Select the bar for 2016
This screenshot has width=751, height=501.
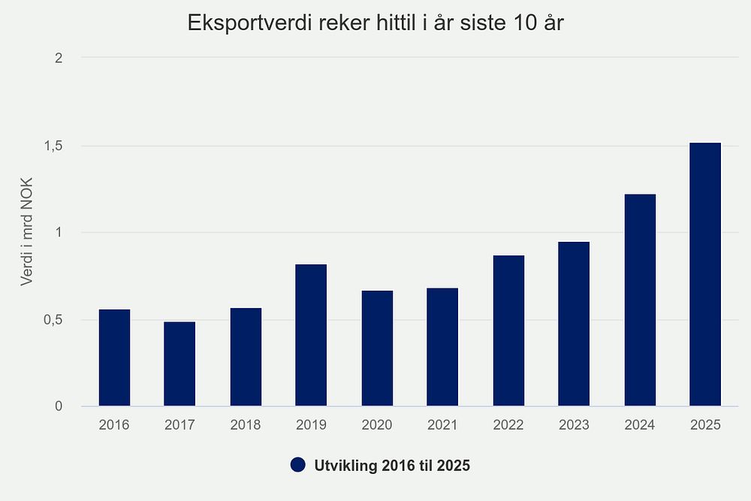[114, 358]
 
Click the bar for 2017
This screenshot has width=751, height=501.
[179, 364]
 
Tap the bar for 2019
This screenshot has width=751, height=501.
[311, 335]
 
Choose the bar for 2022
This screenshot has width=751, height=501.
[508, 330]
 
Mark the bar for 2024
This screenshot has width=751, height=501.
[640, 300]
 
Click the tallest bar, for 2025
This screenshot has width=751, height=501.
[705, 274]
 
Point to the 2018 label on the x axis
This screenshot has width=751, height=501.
[246, 425]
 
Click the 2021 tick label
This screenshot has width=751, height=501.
[442, 425]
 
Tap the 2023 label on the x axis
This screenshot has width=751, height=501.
[574, 425]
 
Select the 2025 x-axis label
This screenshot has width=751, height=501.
[705, 425]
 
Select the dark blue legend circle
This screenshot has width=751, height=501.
[298, 466]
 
